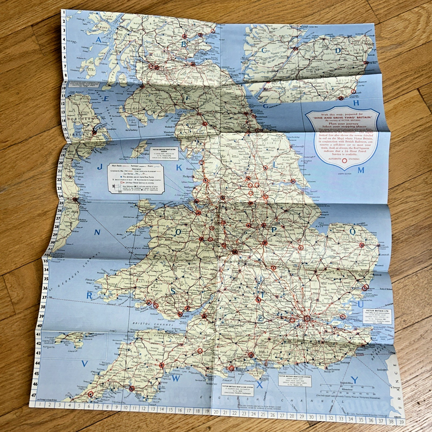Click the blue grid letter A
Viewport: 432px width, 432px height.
coord(98,40)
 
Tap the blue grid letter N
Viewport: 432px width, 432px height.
coord(97,233)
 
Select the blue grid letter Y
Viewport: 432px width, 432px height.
coord(354,380)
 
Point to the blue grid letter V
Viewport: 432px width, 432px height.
coord(84,364)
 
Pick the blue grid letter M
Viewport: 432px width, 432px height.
coord(360,170)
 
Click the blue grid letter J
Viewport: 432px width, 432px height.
coord(99,167)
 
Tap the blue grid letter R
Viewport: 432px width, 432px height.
coord(90,295)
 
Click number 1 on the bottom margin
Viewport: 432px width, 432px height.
coord(41,404)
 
